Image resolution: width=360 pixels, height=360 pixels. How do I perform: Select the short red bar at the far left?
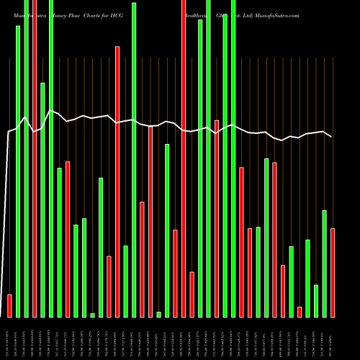9,305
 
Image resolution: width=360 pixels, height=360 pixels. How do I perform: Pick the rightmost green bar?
324,264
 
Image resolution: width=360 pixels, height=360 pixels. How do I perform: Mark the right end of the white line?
332,137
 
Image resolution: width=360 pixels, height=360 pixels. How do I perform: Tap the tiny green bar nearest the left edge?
92,315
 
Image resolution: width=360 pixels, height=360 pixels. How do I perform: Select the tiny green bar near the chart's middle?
158,314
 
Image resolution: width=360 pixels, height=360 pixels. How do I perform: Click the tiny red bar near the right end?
299,312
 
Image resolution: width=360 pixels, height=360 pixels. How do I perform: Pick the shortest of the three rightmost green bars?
315,301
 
